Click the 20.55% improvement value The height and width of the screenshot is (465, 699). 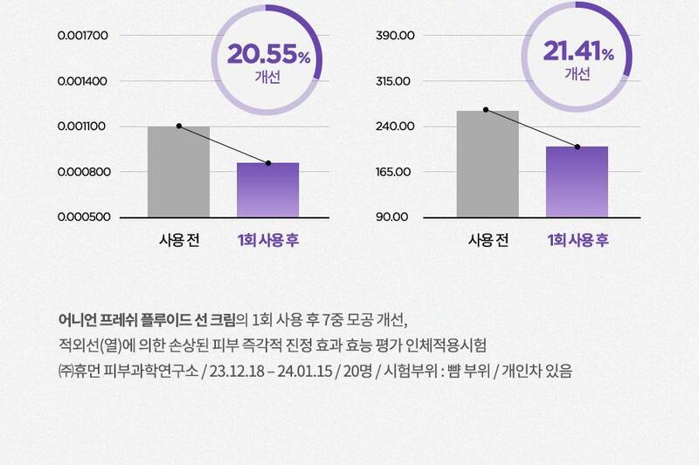pyautogui.click(x=268, y=54)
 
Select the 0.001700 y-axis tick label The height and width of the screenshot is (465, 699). pyautogui.click(x=83, y=36)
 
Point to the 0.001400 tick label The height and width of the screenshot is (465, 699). pyautogui.click(x=83, y=81)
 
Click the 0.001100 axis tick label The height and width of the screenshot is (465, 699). pyautogui.click(x=83, y=127)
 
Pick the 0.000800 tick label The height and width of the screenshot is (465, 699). pyautogui.click(x=83, y=172)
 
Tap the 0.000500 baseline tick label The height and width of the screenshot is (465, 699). pyautogui.click(x=83, y=216)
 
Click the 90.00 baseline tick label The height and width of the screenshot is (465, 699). pyautogui.click(x=395, y=216)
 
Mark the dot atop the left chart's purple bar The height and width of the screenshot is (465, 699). pyautogui.click(x=267, y=163)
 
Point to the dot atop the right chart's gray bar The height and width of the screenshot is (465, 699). pyautogui.click(x=486, y=110)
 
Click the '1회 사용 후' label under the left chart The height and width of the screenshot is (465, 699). pyautogui.click(x=267, y=240)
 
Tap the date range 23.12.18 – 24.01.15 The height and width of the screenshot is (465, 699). pyautogui.click(x=271, y=371)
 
